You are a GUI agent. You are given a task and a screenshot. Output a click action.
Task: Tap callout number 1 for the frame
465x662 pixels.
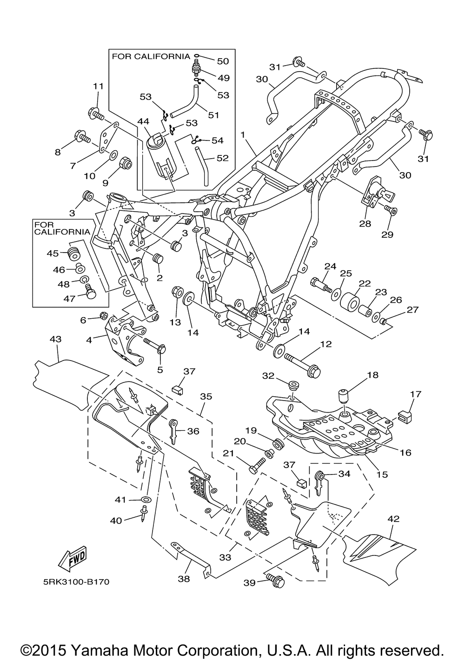tap(242, 134)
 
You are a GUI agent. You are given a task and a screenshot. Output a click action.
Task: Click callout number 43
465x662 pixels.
tap(55, 341)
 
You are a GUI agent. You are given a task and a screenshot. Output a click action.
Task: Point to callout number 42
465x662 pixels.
tap(393, 518)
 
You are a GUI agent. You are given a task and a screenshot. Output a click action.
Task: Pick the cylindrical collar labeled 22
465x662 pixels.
tap(350, 302)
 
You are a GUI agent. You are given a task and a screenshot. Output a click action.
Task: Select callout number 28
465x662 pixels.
tap(365, 224)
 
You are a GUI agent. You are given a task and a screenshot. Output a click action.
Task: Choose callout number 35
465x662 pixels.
tap(206, 396)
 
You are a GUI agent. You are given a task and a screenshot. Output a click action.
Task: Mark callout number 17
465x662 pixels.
tap(415, 394)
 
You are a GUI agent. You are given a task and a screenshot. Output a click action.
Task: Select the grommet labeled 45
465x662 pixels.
tap(73, 254)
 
